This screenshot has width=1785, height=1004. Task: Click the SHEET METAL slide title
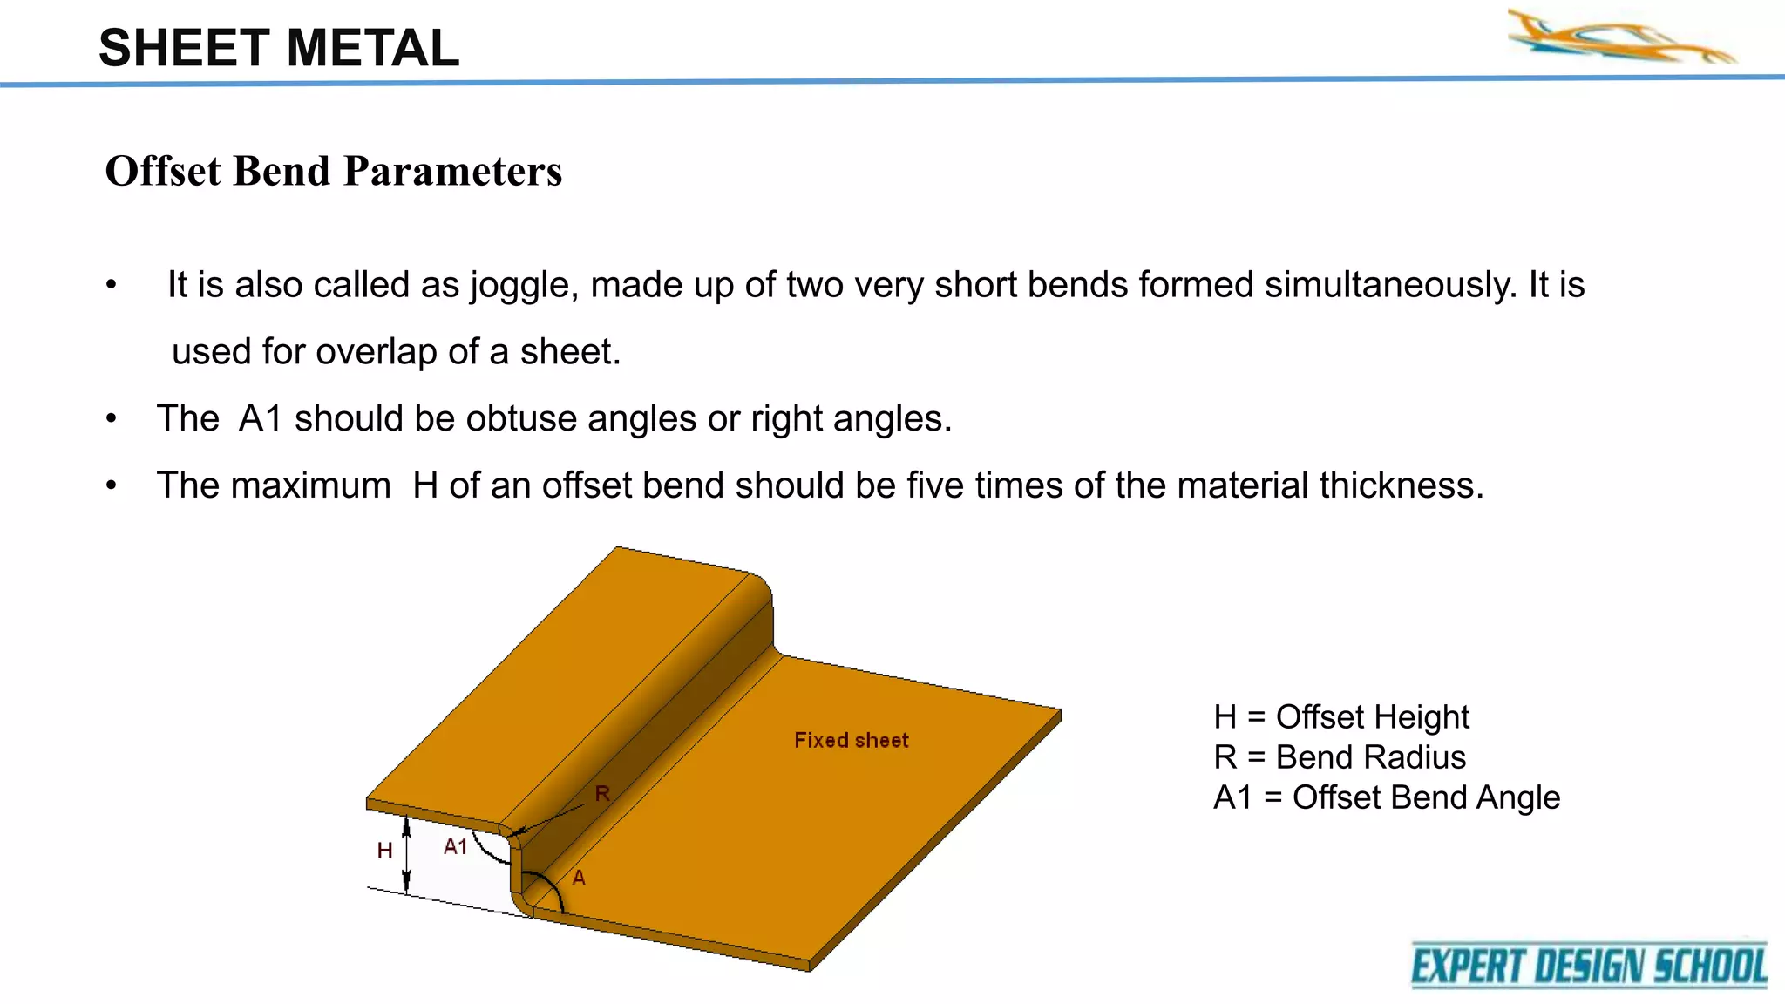click(x=279, y=48)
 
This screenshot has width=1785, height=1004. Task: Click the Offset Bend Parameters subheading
click(x=334, y=171)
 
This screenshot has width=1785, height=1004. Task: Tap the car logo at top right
click(x=1622, y=37)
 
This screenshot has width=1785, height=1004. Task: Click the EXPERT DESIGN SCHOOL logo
click(x=1589, y=966)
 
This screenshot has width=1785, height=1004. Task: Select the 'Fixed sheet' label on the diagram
click(x=851, y=741)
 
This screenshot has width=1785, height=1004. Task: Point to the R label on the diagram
click(x=602, y=794)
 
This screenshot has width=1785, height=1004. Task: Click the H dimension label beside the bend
click(x=384, y=851)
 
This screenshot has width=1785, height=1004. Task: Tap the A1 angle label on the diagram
click(x=455, y=847)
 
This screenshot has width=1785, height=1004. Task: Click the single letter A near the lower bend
click(x=579, y=878)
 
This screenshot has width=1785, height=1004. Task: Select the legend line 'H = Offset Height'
click(x=1340, y=717)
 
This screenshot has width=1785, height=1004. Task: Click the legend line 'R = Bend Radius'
click(x=1339, y=757)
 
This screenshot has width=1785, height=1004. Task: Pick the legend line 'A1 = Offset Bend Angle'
click(x=1386, y=797)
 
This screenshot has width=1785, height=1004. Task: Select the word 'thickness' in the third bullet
click(x=1401, y=485)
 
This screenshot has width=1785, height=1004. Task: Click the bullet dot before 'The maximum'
click(x=111, y=486)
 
